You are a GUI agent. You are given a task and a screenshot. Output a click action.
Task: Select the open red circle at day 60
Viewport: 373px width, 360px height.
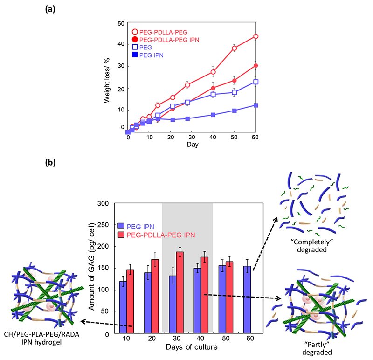(256, 36)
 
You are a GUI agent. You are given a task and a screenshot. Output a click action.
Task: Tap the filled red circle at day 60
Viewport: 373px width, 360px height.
(256, 66)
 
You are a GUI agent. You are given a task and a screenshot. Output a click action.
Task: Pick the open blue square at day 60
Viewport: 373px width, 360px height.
(256, 82)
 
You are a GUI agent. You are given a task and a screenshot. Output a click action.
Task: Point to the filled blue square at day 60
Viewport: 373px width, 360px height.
(256, 105)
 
